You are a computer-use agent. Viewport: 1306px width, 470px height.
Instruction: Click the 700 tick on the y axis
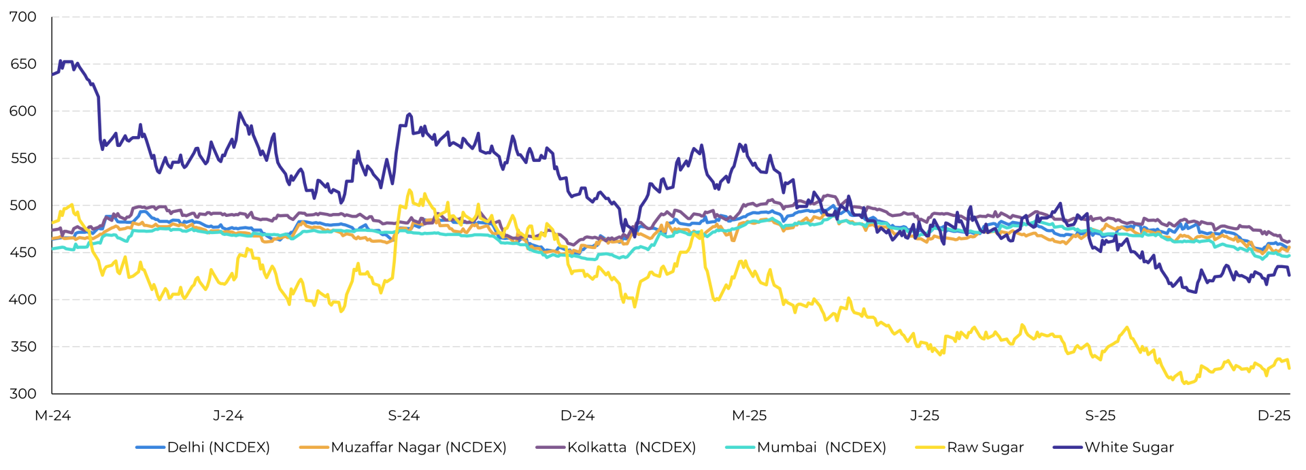click(22, 17)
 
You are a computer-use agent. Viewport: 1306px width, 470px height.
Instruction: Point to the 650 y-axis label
click(22, 65)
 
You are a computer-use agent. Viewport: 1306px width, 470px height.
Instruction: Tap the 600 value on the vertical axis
click(22, 112)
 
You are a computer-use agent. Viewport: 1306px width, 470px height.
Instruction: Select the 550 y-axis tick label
click(22, 158)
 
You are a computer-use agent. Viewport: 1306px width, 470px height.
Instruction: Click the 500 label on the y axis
click(22, 205)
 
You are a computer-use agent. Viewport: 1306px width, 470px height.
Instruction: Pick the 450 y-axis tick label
click(22, 252)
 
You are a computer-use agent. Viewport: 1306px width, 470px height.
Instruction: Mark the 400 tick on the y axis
click(22, 299)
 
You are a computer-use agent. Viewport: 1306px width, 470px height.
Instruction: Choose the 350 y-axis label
click(22, 347)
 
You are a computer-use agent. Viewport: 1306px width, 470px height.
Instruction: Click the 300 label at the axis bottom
click(22, 394)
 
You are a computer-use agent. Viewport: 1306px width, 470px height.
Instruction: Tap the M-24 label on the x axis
click(52, 416)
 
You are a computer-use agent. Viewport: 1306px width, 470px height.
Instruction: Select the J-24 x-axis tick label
click(228, 416)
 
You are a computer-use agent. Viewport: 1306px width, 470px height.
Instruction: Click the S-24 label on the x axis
click(403, 416)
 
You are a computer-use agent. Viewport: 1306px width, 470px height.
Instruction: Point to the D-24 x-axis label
click(577, 416)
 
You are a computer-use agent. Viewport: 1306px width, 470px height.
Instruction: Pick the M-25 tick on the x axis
click(749, 416)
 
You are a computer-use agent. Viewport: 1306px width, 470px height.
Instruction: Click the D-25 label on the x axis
click(1273, 416)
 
